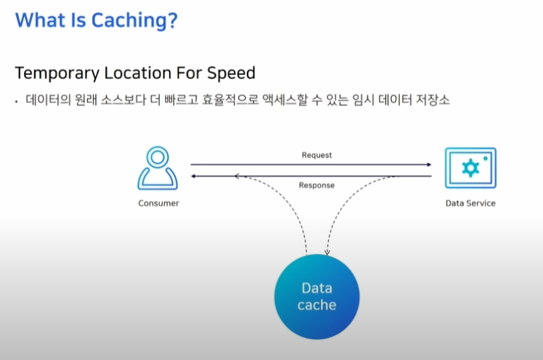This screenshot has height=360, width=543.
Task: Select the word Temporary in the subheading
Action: [x=59, y=74]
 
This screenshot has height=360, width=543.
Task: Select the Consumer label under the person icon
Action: [x=158, y=204]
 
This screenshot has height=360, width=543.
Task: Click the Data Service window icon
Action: [x=470, y=168]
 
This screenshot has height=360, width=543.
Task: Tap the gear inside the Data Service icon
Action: [x=470, y=168]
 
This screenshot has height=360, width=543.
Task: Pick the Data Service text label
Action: [x=470, y=204]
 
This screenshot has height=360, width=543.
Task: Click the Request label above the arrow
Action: [x=316, y=155]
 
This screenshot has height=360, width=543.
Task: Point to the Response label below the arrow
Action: [x=316, y=185]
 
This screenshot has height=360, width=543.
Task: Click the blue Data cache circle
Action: [x=316, y=296]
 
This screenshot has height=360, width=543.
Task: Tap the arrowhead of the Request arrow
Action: [x=428, y=165]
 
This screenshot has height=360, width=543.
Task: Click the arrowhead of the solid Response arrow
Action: [x=194, y=175]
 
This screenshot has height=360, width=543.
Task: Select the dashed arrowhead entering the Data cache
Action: [x=327, y=252]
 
